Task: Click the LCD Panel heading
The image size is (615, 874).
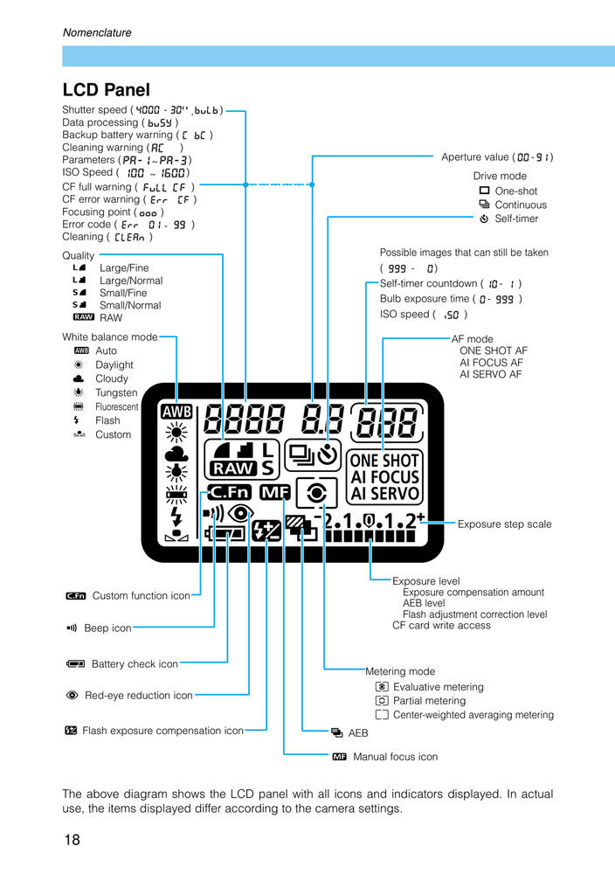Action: click(x=106, y=90)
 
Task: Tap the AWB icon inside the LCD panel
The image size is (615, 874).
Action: click(x=176, y=412)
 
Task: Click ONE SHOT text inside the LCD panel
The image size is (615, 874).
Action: click(x=384, y=461)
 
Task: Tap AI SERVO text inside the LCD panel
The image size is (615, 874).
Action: click(x=384, y=494)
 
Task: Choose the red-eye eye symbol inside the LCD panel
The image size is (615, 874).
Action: click(x=240, y=513)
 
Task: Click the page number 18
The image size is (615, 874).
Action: click(x=72, y=841)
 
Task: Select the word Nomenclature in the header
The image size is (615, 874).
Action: click(x=97, y=33)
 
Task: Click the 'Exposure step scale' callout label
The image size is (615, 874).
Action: click(x=505, y=524)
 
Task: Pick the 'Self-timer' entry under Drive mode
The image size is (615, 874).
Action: click(x=516, y=218)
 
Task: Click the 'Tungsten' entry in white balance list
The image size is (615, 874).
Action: click(x=116, y=393)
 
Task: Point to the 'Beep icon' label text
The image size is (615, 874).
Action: click(x=107, y=628)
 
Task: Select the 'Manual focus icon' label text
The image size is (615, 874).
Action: click(x=395, y=757)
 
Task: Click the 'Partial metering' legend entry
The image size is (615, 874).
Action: click(x=429, y=701)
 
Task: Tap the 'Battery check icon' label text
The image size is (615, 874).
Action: click(x=135, y=664)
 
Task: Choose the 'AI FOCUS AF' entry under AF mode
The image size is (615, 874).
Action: click(x=492, y=363)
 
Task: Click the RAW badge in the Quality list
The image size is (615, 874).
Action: click(x=84, y=318)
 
